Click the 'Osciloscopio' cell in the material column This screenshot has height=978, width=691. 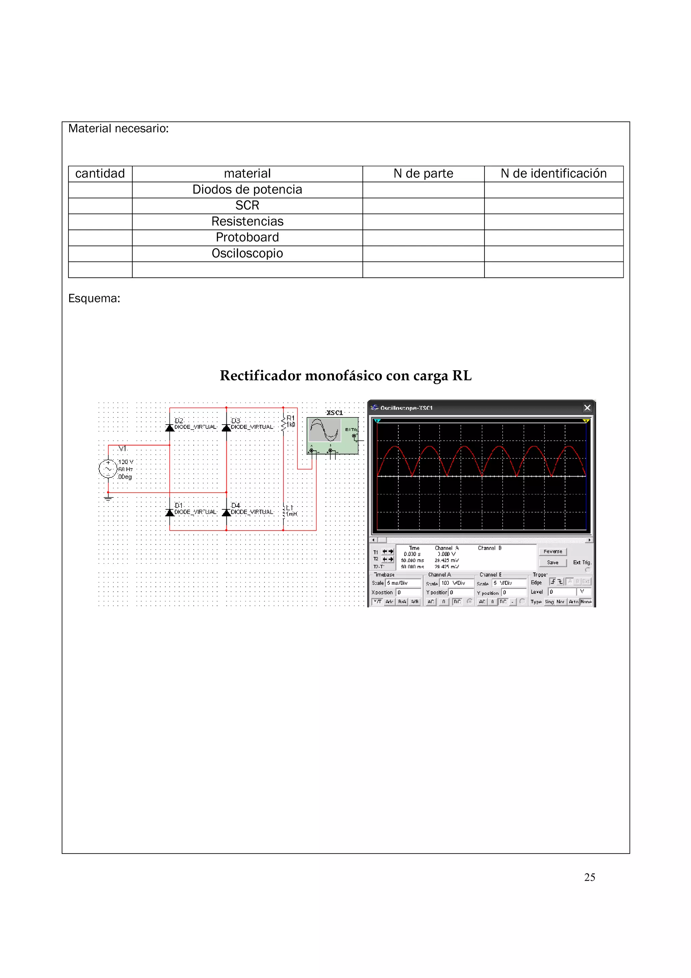pos(247,253)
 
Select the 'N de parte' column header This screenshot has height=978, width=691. pos(423,174)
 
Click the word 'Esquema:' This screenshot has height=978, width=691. pos(94,299)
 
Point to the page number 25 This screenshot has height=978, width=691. pos(589,877)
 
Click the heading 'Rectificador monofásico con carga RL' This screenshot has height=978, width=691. pos(345,376)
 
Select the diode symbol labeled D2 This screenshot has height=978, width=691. pos(170,427)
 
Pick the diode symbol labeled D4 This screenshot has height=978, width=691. pos(226,512)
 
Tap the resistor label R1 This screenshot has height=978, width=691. pos(291,418)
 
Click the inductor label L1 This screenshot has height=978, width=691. pos(289,508)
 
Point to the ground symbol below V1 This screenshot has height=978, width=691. pos(108,497)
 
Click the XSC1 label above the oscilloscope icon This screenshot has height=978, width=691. pos(334,413)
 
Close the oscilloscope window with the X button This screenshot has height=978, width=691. pos(587,408)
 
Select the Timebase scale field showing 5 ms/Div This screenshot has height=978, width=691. pos(403,583)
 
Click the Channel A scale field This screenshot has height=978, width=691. pos(457,583)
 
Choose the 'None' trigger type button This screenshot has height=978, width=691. pos(586,602)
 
